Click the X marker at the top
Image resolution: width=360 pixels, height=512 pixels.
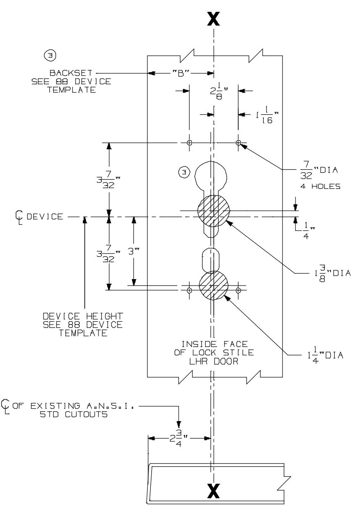click(213, 18)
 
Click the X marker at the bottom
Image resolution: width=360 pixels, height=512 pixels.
click(213, 491)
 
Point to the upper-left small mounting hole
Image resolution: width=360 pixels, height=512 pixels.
click(189, 143)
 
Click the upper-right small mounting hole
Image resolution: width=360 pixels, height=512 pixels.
click(238, 143)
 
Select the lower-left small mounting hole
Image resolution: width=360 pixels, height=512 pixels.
click(189, 290)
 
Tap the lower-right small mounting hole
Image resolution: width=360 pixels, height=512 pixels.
click(238, 290)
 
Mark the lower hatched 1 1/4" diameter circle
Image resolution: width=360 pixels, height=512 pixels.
click(214, 286)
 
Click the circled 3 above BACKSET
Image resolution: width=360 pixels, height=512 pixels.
click(50, 56)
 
